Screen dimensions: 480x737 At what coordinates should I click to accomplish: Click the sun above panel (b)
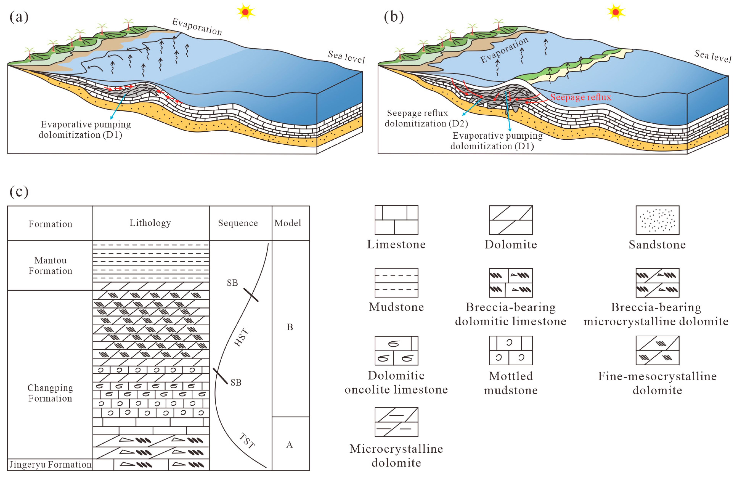pos(616,12)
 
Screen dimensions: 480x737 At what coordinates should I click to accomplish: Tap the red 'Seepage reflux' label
pos(581,97)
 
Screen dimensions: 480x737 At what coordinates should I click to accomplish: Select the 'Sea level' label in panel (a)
pos(346,57)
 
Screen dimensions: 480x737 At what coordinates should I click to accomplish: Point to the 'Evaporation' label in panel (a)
pos(197,27)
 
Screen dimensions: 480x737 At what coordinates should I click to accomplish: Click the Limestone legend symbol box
pos(396,220)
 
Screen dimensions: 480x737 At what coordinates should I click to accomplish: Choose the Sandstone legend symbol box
pos(657,220)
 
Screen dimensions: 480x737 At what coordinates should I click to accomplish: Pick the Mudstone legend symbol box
pos(396,283)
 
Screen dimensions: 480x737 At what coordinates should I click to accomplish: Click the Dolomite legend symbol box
pos(511,220)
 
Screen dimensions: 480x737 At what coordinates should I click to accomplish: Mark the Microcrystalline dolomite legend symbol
pos(396,422)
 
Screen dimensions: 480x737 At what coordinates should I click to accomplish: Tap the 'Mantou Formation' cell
pos(50,265)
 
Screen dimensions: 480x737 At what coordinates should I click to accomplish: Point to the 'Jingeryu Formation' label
pos(50,465)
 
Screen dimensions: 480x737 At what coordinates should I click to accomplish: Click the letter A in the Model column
pos(289,445)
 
